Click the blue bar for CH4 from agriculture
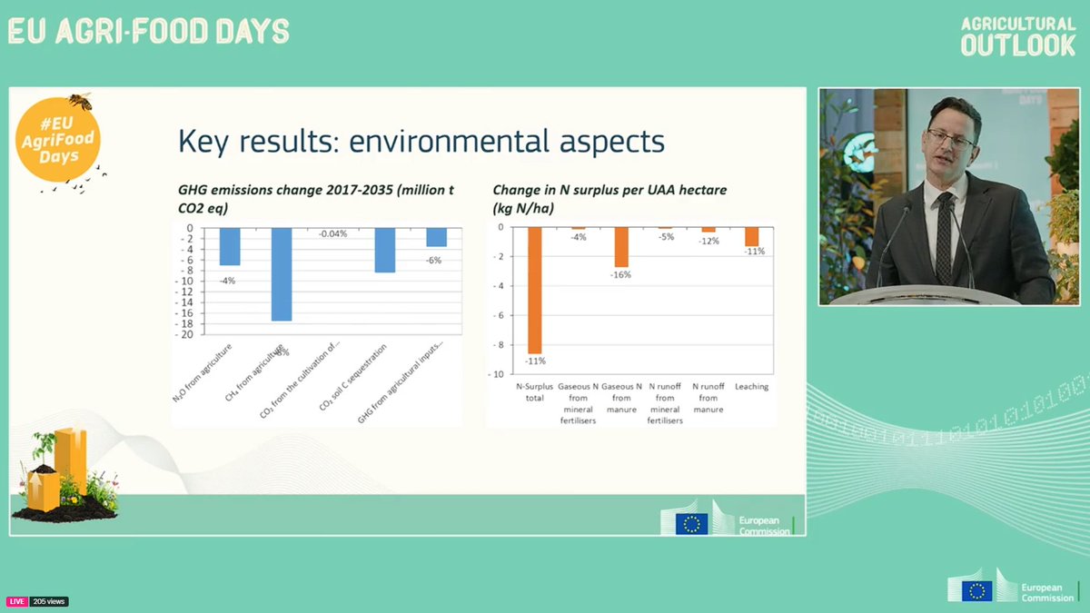pos(281,273)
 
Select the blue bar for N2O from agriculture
pos(230,246)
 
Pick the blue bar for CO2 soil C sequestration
pos(385,250)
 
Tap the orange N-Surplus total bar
pos(534,290)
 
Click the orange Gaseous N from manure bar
pos(621,247)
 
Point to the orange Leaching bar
pos(751,236)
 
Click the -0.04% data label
pos(332,234)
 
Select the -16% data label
pos(621,274)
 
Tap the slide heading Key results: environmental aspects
pos(421,141)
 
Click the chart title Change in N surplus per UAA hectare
pos(609,190)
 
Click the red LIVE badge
pos(17,601)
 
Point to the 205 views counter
pos(49,601)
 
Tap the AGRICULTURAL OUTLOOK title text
pos(1017,36)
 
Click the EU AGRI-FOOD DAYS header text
pos(148,32)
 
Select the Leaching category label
pos(751,387)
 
